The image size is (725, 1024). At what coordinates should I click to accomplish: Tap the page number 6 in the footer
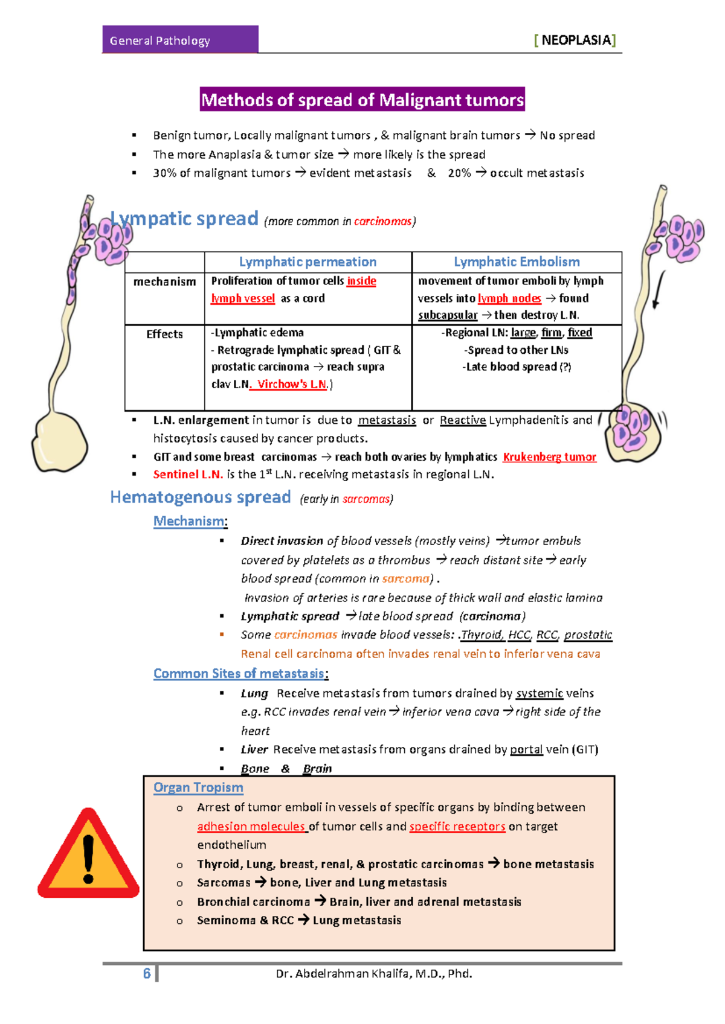(147, 973)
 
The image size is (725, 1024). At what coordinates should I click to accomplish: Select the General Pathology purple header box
(180, 40)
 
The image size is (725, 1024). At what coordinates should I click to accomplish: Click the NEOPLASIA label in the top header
(575, 40)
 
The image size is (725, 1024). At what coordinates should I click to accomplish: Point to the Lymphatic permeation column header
(308, 262)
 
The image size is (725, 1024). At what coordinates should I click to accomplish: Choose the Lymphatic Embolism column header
(517, 262)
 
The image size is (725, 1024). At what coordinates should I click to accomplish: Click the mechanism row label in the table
(164, 282)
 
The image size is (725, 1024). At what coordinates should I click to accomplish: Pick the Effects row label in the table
(164, 334)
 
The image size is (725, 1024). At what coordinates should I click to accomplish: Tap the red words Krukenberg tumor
(549, 457)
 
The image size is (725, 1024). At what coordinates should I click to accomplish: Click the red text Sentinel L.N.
(188, 475)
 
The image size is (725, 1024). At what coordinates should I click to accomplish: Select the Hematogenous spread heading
(201, 497)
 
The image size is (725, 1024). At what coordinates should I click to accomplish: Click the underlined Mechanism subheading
(189, 521)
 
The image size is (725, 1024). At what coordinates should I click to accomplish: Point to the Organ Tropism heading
(198, 787)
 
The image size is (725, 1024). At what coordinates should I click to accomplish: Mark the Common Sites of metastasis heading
(239, 673)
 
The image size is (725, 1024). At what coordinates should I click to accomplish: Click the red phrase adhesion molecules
(251, 826)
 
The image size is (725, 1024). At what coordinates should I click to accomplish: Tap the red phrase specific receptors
(457, 826)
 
